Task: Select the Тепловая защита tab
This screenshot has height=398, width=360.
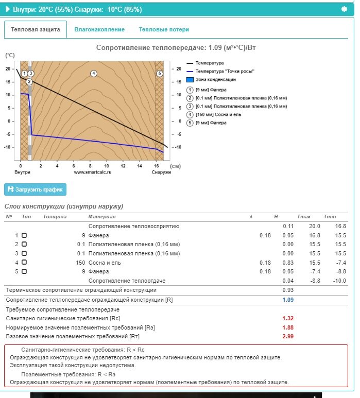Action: (36, 30)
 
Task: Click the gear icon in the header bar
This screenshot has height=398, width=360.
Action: (344, 9)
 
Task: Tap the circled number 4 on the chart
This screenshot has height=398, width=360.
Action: (94, 74)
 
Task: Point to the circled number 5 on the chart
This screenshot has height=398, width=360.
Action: (160, 74)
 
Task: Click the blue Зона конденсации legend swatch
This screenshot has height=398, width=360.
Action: (190, 80)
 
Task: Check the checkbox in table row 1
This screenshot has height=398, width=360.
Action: (24, 235)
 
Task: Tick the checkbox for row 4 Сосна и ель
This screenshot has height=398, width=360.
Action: (24, 262)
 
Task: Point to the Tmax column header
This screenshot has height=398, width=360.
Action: (303, 217)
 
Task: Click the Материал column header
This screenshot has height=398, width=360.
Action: (99, 217)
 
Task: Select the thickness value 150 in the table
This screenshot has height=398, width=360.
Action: (80, 262)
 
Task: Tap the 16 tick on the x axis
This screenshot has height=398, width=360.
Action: (156, 166)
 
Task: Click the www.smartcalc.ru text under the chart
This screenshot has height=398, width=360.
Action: (93, 172)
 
